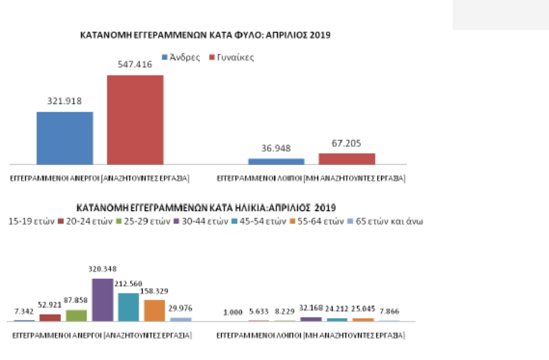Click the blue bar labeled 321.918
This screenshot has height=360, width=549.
coord(64,138)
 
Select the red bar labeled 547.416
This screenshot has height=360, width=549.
coord(135,119)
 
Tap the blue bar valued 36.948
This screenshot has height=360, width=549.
coord(276,161)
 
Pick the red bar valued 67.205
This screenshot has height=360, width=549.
coord(346,159)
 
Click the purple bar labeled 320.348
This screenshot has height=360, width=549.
coord(102,300)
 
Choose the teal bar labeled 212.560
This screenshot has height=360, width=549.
coord(128,307)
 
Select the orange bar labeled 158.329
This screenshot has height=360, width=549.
coord(154,310)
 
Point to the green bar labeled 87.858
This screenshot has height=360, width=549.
coord(76,315)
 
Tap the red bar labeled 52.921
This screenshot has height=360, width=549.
coord(50,317)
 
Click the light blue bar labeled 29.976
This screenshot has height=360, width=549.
coord(180,319)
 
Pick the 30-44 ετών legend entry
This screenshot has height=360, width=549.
coord(197,222)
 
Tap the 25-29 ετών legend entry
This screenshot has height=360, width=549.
coord(140,222)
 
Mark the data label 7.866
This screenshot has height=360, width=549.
coord(389,311)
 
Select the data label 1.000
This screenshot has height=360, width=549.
coord(233,312)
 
